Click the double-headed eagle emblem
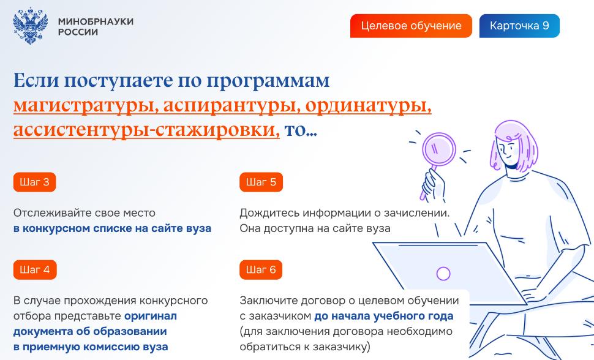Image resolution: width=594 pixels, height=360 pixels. coord(30,26)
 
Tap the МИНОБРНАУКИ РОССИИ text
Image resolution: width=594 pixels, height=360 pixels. coord(96,26)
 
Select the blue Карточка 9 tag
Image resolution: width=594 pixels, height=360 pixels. coord(519,26)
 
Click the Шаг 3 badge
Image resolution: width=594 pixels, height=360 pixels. coord(34,182)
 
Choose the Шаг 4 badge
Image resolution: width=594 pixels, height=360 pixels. coord(35,269)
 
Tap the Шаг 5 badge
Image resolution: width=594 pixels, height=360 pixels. coord(261,182)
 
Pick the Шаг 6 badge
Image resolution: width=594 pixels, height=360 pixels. coord(261,269)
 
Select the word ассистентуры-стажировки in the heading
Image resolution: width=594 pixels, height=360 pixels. coord(146,130)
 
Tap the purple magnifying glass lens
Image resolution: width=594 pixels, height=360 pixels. coord(438,149)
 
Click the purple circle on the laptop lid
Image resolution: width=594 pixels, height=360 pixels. coord(443,273)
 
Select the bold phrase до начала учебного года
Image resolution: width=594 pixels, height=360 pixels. coord(384,316)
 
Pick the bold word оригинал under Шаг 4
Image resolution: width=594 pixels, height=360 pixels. coord(151,316)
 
